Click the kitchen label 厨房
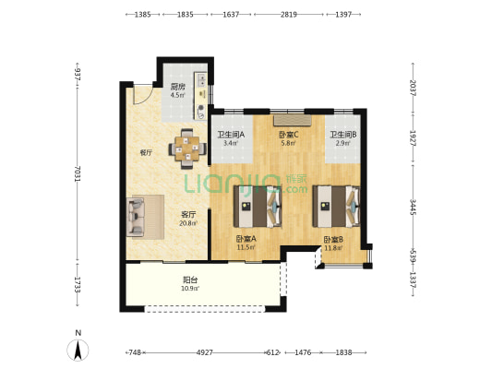(x=177, y=87)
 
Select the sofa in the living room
(x=136, y=218)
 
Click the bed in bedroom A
(x=258, y=207)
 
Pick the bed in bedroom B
(x=336, y=207)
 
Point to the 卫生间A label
(x=231, y=135)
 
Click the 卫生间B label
(x=342, y=135)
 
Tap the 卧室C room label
(x=289, y=135)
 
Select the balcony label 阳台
(x=190, y=280)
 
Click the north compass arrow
(x=78, y=350)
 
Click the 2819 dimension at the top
(x=289, y=14)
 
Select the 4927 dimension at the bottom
(x=205, y=352)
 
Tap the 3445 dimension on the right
(x=413, y=207)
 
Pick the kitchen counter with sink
(x=201, y=96)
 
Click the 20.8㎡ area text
(x=188, y=223)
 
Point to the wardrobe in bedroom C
(x=293, y=121)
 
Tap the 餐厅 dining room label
(x=146, y=153)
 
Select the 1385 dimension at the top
(x=143, y=14)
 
